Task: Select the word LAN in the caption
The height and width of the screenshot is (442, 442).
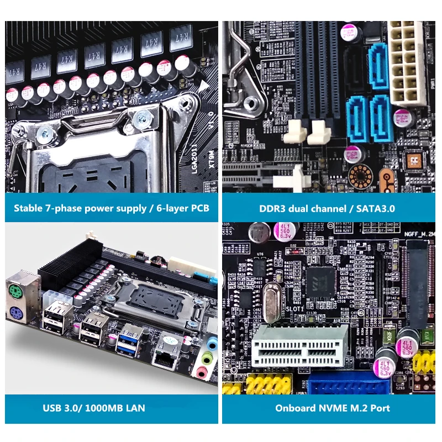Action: tap(135, 408)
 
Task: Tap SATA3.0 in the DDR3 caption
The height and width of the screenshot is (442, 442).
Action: tap(376, 209)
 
